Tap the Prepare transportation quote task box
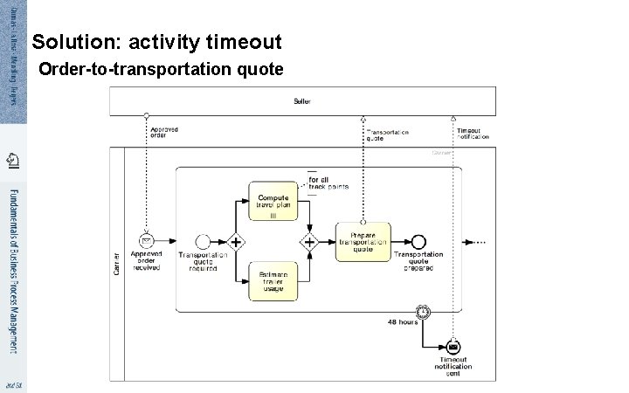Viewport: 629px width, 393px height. click(363, 241)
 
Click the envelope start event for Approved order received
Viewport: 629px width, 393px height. click(147, 241)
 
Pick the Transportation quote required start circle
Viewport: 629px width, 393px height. click(204, 241)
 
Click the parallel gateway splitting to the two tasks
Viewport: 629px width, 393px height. click(234, 241)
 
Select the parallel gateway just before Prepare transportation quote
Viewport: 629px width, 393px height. click(308, 241)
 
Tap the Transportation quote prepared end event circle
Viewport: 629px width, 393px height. click(418, 241)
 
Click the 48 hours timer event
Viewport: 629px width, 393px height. click(423, 310)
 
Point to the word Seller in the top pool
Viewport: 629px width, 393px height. click(301, 101)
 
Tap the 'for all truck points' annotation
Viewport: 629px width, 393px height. click(328, 183)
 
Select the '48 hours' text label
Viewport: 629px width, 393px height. click(403, 321)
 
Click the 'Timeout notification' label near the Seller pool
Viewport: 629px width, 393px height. click(473, 134)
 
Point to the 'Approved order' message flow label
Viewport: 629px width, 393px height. click(164, 132)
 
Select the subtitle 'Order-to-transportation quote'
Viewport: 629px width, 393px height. click(162, 68)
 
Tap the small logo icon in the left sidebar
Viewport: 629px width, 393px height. click(12, 159)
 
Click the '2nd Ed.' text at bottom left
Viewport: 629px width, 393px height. click(12, 384)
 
